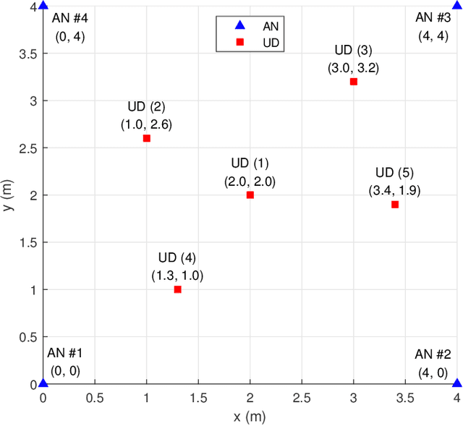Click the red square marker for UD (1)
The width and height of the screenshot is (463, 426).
(x=250, y=195)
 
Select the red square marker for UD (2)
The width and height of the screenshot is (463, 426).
(x=147, y=138)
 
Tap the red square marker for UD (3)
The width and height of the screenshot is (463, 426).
(x=354, y=82)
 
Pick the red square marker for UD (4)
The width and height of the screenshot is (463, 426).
(x=177, y=289)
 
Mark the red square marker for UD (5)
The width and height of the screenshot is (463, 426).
(x=395, y=205)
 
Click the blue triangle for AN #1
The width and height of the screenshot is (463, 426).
(x=43, y=383)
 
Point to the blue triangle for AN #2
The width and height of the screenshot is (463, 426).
(x=456, y=383)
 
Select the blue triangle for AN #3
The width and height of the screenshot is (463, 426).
(x=456, y=7)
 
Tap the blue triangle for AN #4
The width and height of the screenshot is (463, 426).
(x=43, y=7)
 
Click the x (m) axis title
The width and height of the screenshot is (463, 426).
(x=250, y=417)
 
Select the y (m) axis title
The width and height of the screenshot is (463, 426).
(x=7, y=195)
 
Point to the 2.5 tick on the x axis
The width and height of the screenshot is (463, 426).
(x=302, y=398)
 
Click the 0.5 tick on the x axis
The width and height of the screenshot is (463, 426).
(x=95, y=398)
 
